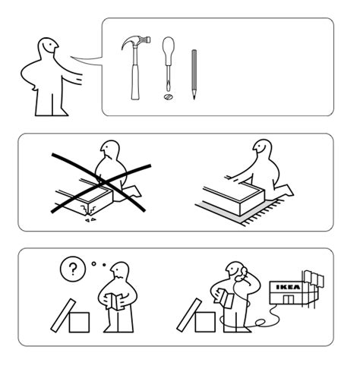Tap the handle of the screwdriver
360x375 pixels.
click(169, 49)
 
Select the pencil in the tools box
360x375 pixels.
click(194, 74)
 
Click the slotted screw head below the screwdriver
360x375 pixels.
click(168, 96)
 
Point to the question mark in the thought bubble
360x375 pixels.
click(73, 269)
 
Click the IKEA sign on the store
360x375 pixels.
click(288, 287)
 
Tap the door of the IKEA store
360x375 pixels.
click(289, 299)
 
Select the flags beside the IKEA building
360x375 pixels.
click(314, 279)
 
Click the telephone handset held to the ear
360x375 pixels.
click(241, 274)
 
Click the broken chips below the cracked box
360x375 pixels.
click(90, 220)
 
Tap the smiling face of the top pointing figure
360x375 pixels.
click(49, 46)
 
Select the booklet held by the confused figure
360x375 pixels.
click(114, 301)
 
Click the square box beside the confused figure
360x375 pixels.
click(79, 323)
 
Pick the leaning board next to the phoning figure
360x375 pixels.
click(189, 315)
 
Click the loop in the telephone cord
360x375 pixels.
click(260, 323)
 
